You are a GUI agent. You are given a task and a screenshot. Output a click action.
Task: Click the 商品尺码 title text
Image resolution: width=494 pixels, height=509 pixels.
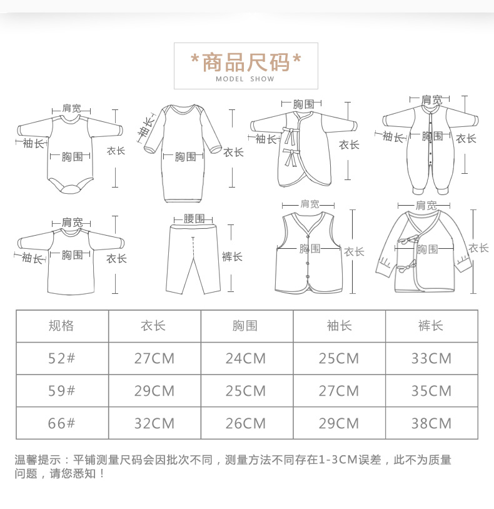[246, 62]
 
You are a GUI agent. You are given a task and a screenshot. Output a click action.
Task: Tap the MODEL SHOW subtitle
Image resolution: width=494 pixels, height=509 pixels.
[245, 79]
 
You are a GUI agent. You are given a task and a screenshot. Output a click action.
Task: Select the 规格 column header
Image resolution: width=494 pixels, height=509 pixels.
[61, 326]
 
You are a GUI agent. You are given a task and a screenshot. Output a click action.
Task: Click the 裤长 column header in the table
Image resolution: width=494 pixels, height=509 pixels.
[431, 326]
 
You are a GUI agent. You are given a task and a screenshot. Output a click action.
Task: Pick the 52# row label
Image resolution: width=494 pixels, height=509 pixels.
[62, 358]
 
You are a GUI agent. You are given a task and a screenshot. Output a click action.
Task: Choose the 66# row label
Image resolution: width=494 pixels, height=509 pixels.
[62, 423]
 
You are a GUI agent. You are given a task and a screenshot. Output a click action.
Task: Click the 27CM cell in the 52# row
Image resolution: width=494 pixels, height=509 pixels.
[154, 359]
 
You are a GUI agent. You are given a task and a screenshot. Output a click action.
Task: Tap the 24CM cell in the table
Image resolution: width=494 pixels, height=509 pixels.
[246, 359]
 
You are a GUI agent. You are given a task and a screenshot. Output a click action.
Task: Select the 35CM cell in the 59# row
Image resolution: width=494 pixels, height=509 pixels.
[431, 391]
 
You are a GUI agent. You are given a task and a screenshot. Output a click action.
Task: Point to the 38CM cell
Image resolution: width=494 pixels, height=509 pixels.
[431, 423]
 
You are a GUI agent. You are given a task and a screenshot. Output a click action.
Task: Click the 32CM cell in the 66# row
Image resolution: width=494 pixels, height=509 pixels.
[154, 423]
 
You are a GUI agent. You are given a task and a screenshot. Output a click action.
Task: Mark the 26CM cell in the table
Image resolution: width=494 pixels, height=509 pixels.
[246, 423]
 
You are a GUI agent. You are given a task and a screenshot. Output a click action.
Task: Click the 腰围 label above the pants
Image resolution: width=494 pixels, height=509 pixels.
[194, 218]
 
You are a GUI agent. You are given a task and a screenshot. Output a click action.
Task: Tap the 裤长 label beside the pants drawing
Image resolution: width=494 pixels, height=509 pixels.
[232, 257]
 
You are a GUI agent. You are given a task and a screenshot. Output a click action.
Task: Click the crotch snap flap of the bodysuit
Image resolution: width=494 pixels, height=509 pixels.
[71, 189]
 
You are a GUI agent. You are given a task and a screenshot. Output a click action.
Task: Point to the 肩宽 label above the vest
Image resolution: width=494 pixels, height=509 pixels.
[310, 204]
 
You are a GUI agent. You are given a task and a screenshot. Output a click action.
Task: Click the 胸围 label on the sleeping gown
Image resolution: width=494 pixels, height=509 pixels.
[185, 157]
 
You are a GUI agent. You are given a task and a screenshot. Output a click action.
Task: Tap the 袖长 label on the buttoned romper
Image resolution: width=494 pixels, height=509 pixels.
[393, 137]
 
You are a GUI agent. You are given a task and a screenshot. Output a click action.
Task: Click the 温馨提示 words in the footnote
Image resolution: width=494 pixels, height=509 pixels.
[38, 460]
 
